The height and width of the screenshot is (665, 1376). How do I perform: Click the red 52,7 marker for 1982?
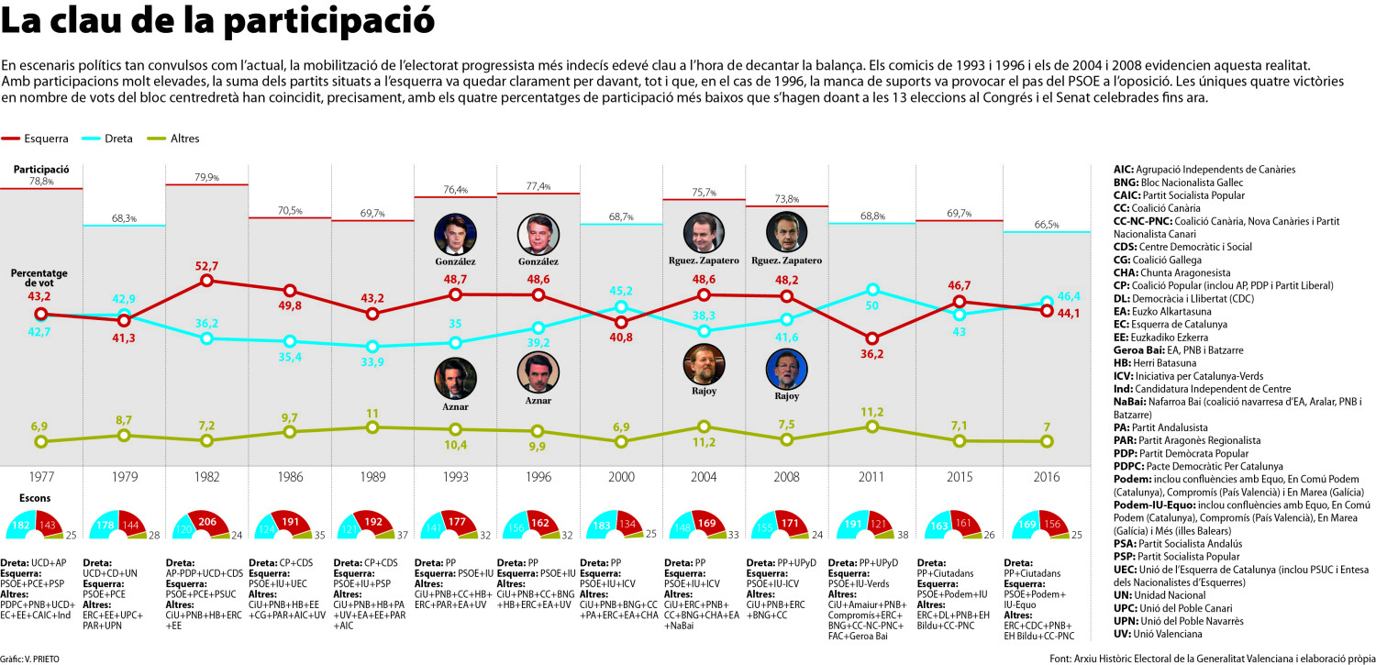click(207, 281)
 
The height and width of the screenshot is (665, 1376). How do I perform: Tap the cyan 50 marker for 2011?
click(871, 289)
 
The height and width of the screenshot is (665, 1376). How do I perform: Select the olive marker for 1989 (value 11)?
click(372, 427)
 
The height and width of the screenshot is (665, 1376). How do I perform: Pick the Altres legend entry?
click(173, 139)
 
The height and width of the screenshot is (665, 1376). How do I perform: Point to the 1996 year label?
click(538, 477)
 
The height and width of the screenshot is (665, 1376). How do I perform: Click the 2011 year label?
click(871, 477)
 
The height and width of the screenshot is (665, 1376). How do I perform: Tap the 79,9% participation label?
click(207, 177)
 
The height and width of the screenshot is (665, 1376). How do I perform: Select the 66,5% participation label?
click(1047, 225)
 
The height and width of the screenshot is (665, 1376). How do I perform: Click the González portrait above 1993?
click(455, 235)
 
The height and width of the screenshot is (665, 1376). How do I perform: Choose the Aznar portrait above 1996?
click(538, 372)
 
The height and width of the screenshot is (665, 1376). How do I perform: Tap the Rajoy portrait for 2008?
click(786, 369)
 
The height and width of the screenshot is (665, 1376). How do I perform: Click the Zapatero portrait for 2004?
click(704, 233)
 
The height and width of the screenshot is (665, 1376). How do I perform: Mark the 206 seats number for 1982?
click(207, 522)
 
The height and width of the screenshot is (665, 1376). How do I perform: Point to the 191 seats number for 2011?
click(853, 525)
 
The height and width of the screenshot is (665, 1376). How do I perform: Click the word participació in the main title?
click(328, 21)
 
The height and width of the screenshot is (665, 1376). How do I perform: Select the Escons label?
click(35, 498)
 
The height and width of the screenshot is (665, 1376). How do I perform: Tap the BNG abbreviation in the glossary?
click(1126, 183)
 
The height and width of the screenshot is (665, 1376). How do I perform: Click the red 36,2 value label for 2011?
click(871, 354)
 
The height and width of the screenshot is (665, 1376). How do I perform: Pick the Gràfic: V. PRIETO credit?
click(29, 659)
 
